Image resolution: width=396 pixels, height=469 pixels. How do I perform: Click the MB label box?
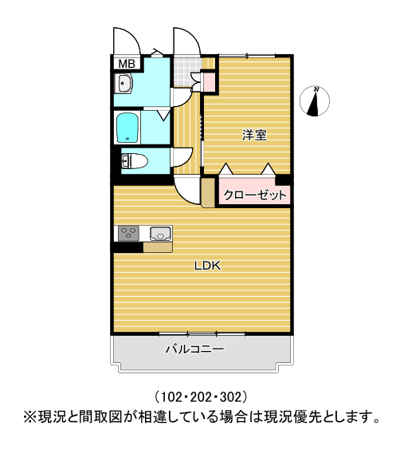point(127,64)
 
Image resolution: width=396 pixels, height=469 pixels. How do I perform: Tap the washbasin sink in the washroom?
point(124,83)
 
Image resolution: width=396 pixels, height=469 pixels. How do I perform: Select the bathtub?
point(128,128)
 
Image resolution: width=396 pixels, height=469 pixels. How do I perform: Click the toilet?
point(134,161)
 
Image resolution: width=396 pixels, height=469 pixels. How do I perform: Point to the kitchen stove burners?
point(128,233)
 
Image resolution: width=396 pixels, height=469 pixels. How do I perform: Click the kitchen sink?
point(161,233)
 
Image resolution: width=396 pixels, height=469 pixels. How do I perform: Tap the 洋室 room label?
point(254,136)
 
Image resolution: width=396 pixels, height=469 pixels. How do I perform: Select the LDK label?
point(207,266)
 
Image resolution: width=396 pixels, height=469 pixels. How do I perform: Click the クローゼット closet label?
point(255,195)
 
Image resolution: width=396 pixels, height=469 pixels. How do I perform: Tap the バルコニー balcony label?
point(195,349)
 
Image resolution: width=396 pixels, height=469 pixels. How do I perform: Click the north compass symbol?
point(315,100)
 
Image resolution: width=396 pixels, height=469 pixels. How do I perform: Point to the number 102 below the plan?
point(171,397)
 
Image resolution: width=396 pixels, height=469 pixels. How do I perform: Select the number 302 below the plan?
point(230,397)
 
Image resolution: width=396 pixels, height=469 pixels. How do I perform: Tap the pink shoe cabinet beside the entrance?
point(210,81)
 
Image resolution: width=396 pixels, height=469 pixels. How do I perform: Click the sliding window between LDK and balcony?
point(202,333)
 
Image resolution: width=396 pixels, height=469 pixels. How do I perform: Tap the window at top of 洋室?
point(247,56)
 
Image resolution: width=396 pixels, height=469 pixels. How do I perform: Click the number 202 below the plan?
point(201,397)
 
